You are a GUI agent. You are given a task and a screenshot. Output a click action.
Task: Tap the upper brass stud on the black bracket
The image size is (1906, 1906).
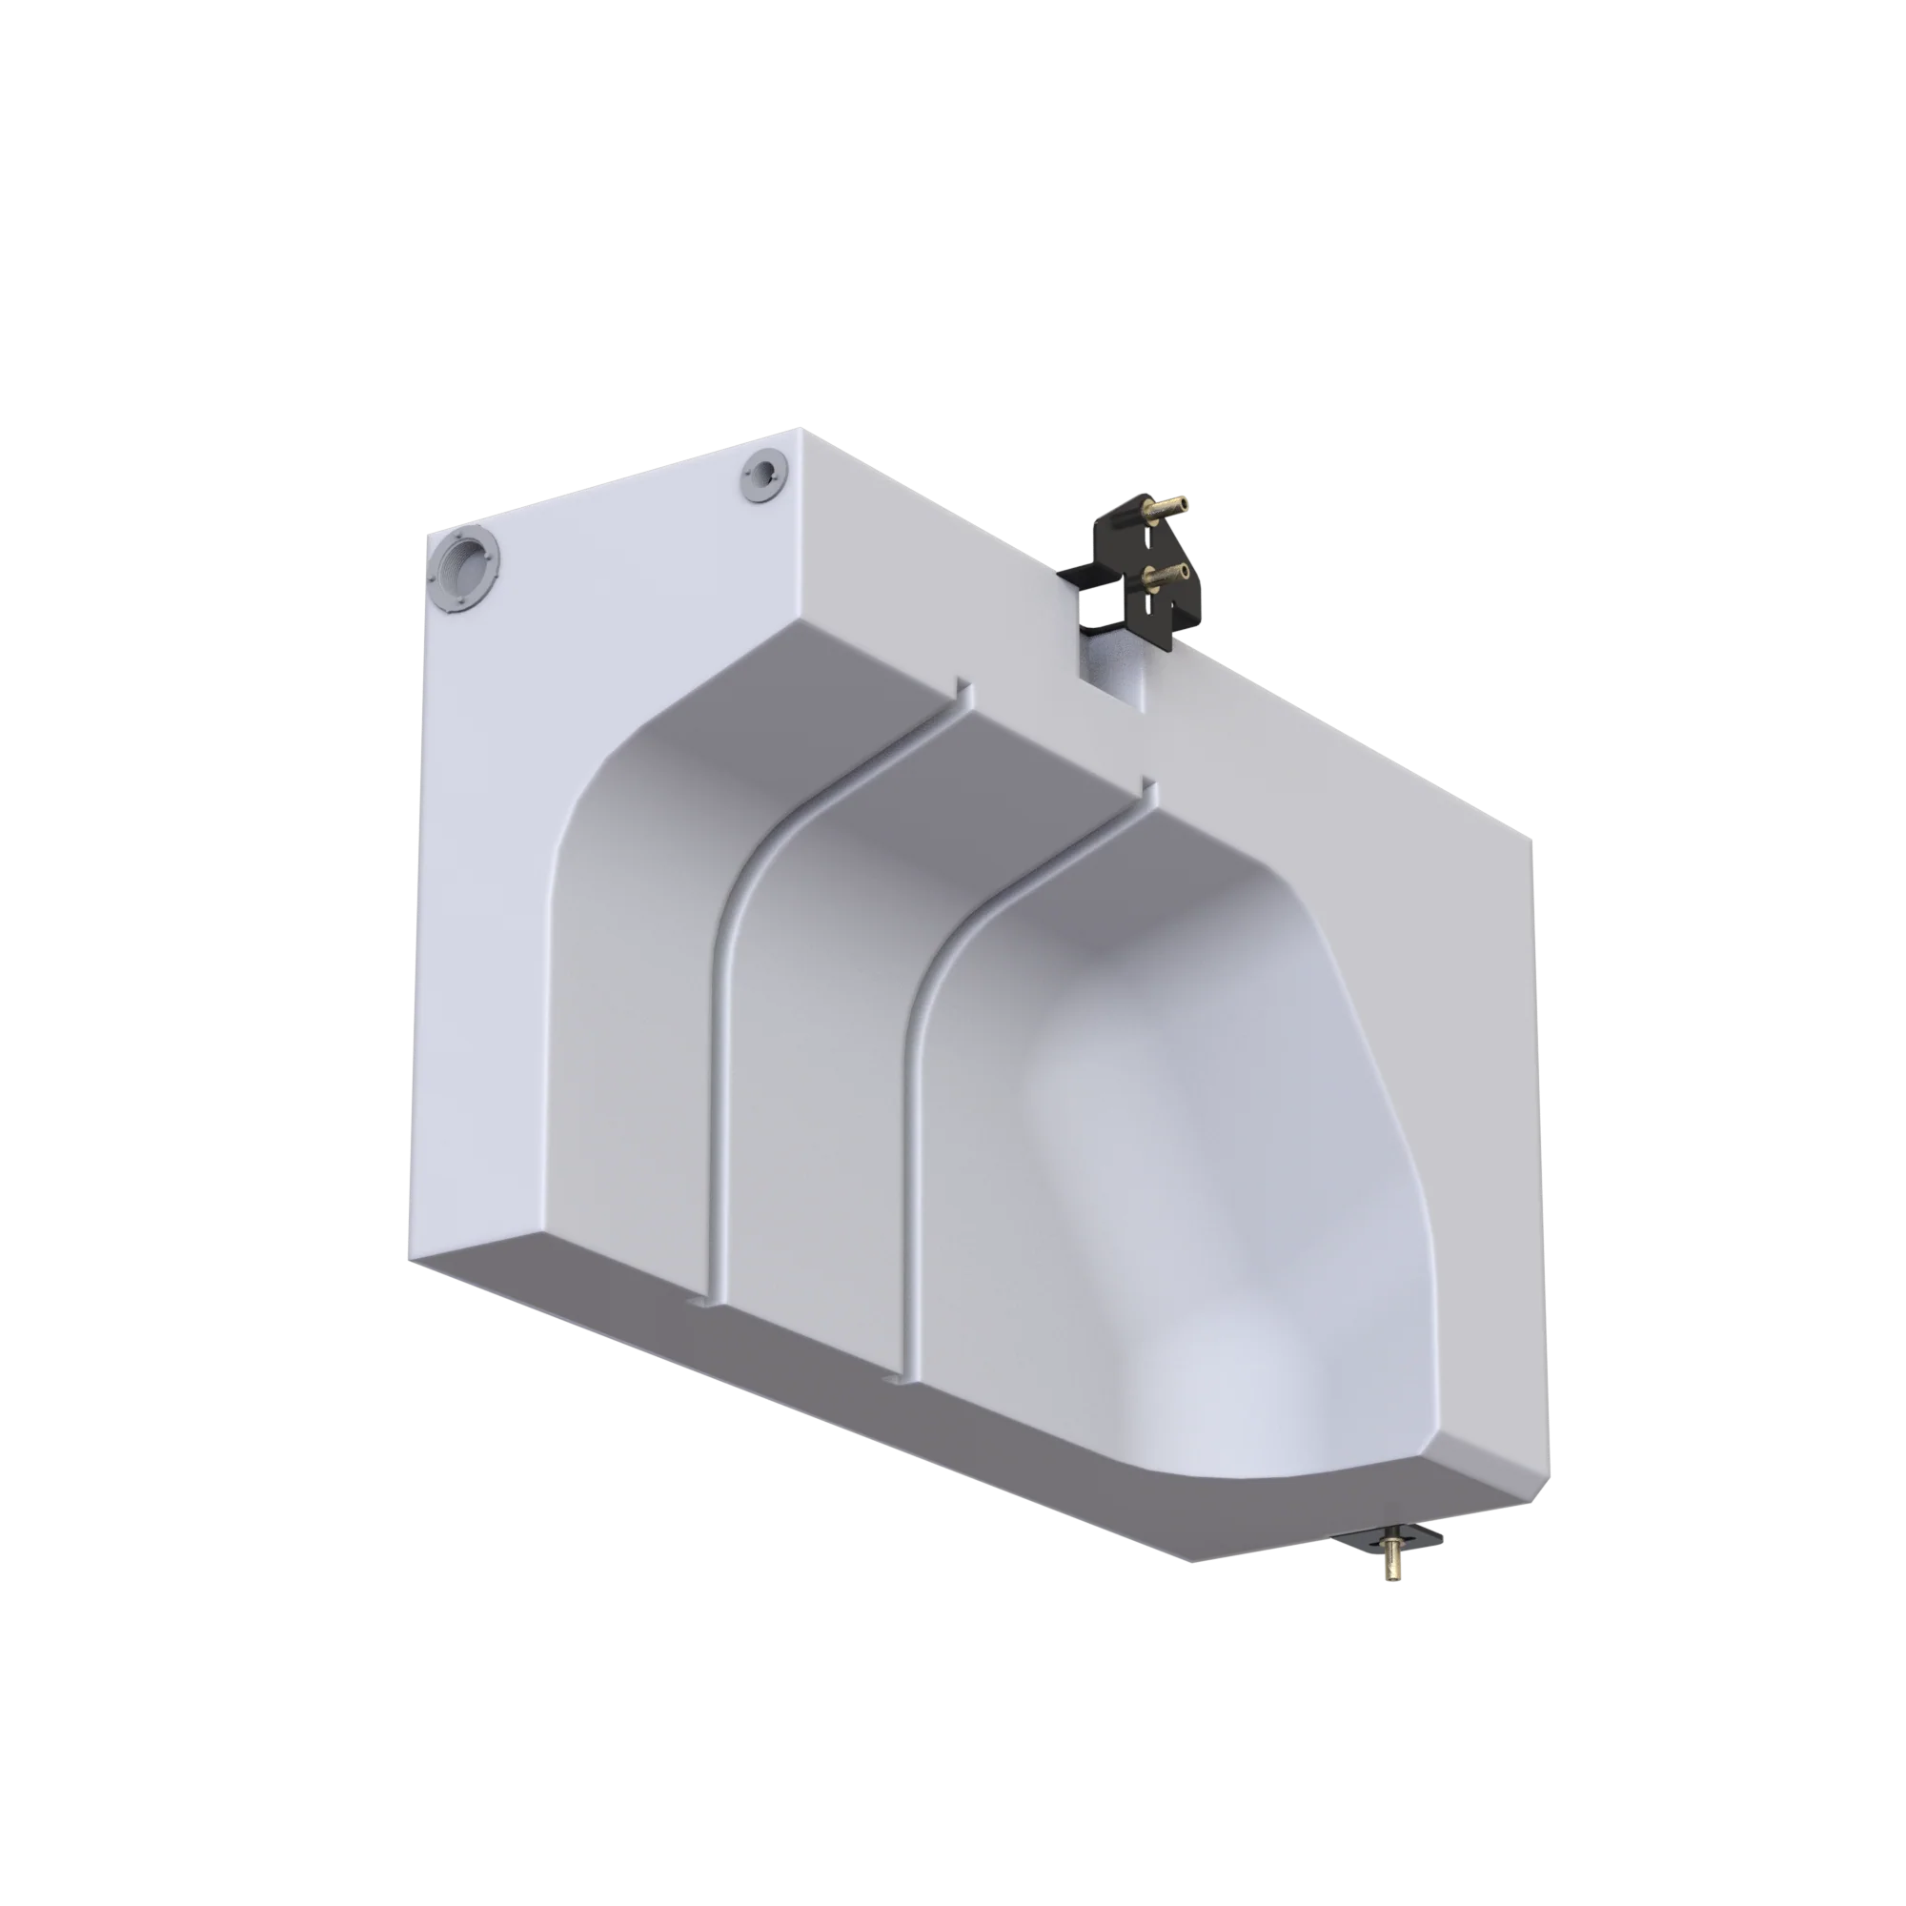1165,511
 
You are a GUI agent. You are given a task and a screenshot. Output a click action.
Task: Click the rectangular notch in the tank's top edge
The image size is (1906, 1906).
1114,680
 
